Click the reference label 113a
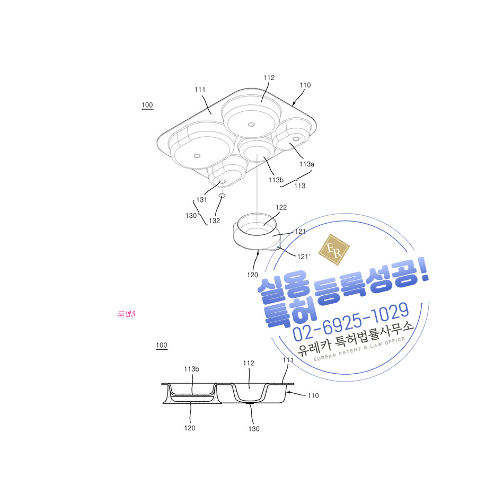click(307, 164)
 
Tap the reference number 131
click(201, 199)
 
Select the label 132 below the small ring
click(214, 220)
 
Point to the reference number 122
click(281, 207)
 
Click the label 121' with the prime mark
click(304, 257)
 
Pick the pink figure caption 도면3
click(126, 314)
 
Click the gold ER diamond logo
click(334, 250)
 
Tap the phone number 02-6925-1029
click(351, 322)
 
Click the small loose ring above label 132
click(222, 195)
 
